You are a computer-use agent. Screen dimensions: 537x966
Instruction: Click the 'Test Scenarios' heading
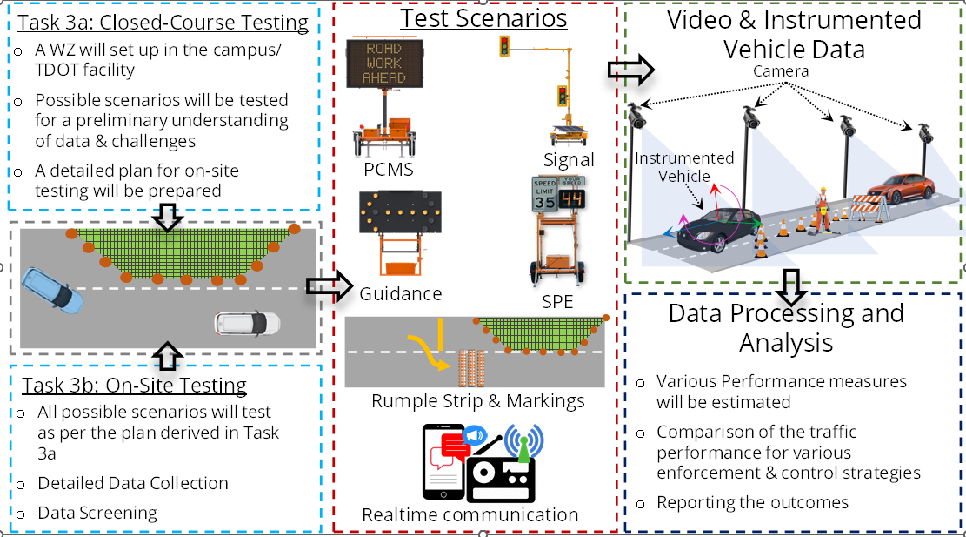483,18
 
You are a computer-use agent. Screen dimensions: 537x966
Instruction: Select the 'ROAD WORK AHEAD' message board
384,63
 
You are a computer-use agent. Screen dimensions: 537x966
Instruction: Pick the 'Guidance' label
401,293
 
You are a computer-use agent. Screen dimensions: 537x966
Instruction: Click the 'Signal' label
570,159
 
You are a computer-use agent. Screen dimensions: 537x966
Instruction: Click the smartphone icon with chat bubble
445,461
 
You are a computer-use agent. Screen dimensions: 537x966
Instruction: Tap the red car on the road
900,190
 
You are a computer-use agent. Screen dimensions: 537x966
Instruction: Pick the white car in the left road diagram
247,324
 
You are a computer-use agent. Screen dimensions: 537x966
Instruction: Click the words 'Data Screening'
97,513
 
